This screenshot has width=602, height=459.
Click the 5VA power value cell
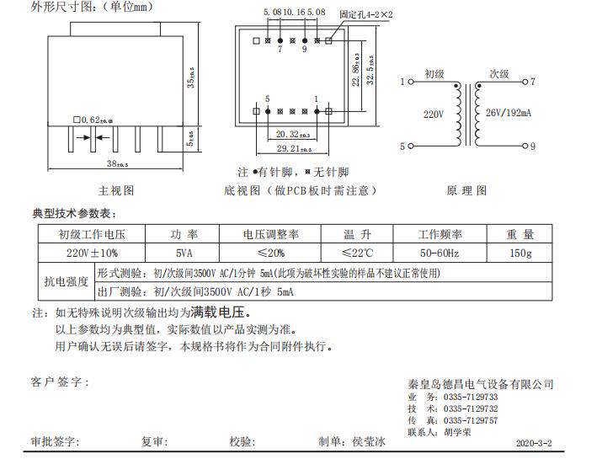182,253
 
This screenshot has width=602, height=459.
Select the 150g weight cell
520,253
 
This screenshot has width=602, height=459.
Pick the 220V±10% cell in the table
92,253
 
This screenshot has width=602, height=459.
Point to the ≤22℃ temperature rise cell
357,253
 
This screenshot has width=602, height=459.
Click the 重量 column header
520,234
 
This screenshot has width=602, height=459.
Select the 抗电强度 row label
66,281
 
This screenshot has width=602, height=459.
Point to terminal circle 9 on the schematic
523,147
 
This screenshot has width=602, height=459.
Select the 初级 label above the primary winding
434,74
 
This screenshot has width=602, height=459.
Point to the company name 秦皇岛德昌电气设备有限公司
480,384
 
